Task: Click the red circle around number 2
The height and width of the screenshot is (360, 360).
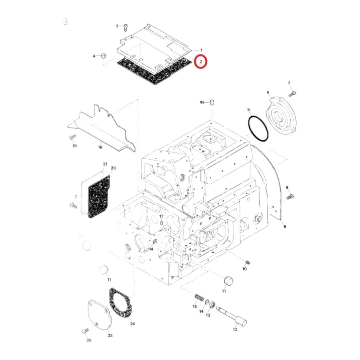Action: coord(201,62)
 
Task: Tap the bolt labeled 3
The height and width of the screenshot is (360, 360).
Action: coord(126,26)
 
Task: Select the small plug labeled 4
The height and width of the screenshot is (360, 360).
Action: coord(103,55)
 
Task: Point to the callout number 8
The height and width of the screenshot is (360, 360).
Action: coord(284,227)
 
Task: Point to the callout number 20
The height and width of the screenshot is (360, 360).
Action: coord(113,168)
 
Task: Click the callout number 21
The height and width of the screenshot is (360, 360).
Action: coord(105,164)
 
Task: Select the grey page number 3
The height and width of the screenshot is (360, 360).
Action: coord(65,22)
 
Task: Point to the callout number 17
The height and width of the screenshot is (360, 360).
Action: coord(161,216)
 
